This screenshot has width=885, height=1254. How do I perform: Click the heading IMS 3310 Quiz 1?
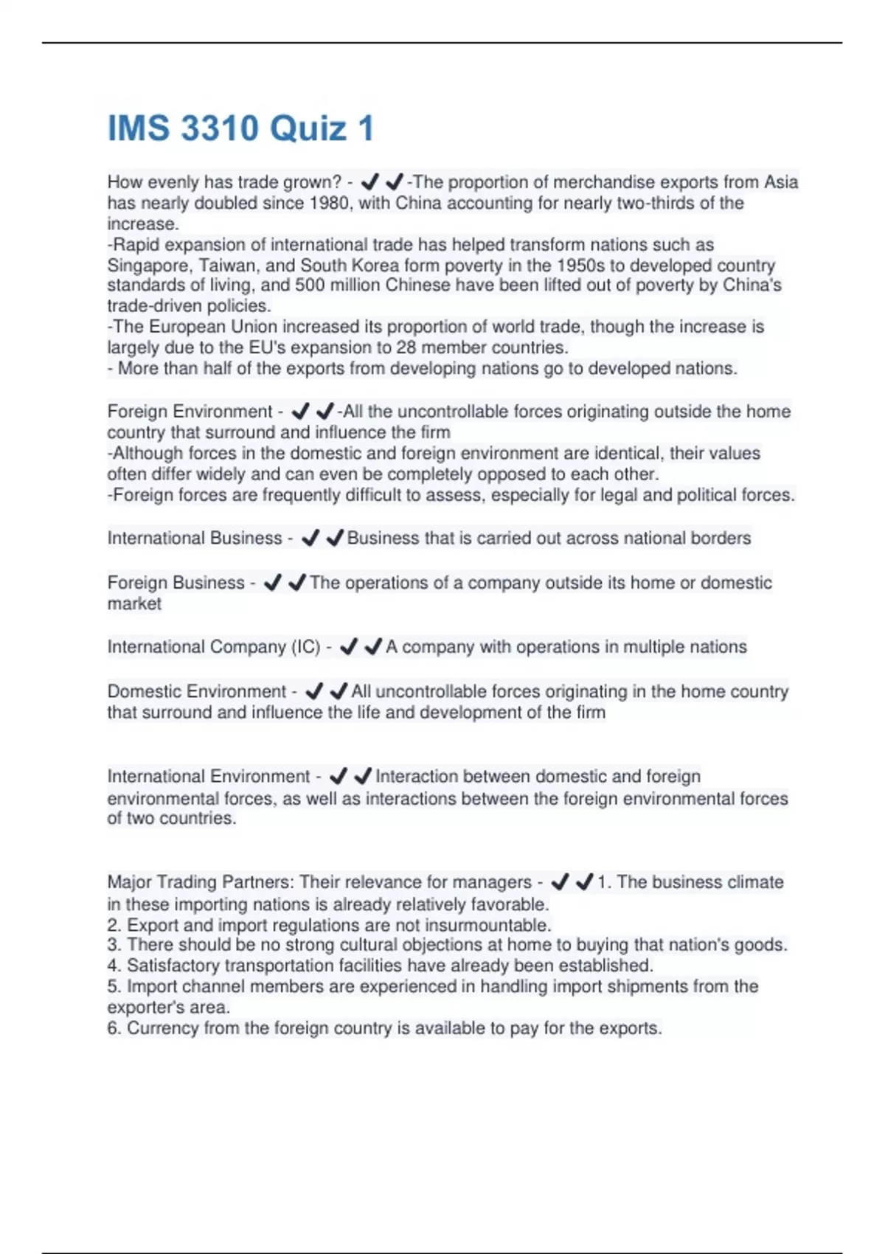240,128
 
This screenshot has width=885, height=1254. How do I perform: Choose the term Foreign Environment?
190,411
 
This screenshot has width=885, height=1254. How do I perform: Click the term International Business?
194,538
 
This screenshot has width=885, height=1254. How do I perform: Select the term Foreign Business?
176,582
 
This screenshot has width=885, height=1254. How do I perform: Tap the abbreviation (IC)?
306,647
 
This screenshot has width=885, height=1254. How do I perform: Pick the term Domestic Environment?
196,691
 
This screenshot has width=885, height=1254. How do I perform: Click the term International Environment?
209,776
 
